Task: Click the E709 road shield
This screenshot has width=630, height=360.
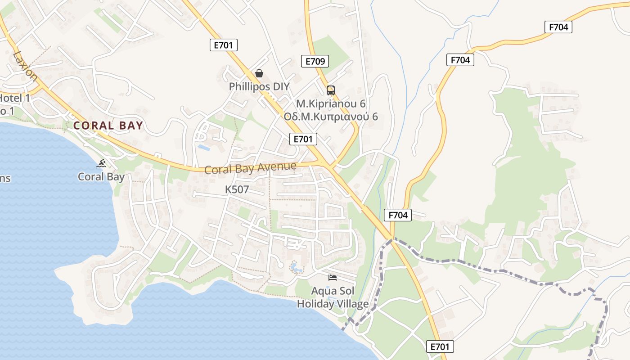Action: pos(315,61)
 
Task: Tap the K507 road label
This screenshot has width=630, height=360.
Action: pos(237,189)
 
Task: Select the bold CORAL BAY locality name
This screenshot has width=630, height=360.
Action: pos(108,126)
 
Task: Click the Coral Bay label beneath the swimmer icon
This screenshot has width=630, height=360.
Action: pos(101,177)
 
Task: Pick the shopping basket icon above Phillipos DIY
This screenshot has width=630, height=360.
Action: pos(259,73)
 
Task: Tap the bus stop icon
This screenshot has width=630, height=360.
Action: pos(331,90)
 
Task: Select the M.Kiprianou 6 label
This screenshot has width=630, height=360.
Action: pos(331,104)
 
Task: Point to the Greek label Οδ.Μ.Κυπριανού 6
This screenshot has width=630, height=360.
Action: pos(331,117)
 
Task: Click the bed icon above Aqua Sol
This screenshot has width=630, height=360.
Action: pos(333,277)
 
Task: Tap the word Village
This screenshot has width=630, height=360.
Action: pos(351,304)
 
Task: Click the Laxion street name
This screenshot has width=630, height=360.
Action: pos(25,66)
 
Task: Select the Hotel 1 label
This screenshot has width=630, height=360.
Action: pos(14,98)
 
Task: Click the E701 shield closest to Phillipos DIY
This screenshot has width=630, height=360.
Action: pos(224,45)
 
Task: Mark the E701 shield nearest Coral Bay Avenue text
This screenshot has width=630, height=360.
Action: pos(303,139)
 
